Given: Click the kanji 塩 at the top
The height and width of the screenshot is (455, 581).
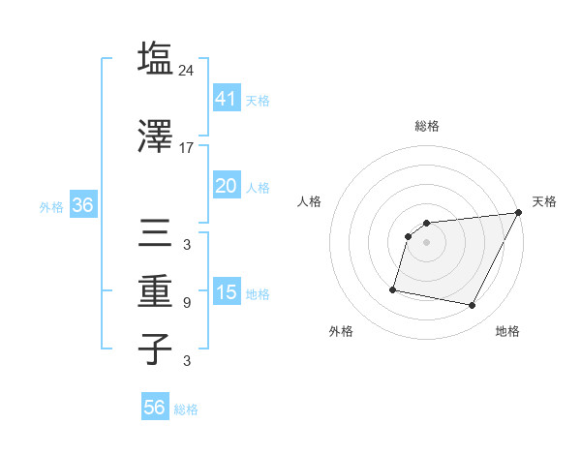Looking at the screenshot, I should tap(155, 58).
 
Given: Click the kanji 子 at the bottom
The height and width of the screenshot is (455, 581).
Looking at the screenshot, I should tap(155, 348).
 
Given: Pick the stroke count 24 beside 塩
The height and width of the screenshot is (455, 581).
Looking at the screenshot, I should tap(188, 70).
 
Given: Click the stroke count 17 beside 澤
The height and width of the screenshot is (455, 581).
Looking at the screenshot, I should tap(187, 148).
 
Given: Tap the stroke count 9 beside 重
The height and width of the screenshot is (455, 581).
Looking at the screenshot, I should tap(187, 303).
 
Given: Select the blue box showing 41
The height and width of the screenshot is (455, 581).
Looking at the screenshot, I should tap(226, 99).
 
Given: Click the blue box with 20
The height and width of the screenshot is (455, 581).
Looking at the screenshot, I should tap(226, 186).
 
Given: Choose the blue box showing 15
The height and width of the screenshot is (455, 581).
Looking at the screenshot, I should tap(226, 292).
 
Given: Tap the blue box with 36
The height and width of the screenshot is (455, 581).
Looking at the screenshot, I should tap(82, 205).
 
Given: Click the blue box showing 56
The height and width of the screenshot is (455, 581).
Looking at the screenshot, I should tap(154, 408).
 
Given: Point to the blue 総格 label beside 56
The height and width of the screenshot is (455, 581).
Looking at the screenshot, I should tap(186, 409).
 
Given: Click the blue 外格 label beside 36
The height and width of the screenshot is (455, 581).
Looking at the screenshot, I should tap(51, 206).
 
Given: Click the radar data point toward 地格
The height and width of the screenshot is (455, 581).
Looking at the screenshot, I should tap(473, 306).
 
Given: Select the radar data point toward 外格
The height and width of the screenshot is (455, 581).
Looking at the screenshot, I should tap(393, 288).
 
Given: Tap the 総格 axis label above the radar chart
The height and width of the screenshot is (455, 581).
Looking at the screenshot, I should tap(426, 126).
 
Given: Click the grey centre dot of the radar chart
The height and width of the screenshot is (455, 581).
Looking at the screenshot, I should tap(426, 242).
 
